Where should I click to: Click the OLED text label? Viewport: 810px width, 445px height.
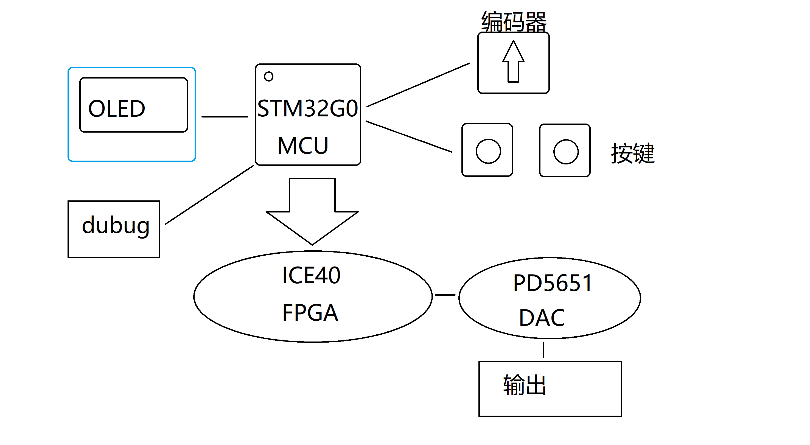(x=117, y=109)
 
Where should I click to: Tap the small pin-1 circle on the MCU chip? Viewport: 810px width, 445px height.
(x=268, y=76)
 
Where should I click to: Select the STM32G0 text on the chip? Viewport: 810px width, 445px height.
(x=307, y=108)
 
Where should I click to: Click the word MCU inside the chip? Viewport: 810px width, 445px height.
(x=303, y=145)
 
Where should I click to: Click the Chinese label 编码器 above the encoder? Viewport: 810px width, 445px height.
(x=514, y=22)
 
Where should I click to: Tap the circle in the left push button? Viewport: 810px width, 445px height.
(x=488, y=151)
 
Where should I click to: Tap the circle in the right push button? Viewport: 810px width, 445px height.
(x=566, y=152)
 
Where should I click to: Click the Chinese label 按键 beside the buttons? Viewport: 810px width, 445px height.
(x=632, y=153)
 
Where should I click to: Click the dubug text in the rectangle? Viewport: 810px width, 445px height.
(x=115, y=225)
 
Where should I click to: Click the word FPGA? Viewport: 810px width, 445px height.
(x=310, y=313)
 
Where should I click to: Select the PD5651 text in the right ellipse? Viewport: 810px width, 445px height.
(x=552, y=283)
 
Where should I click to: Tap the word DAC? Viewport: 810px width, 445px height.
(x=542, y=318)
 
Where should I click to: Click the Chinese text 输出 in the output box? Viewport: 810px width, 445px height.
(x=524, y=385)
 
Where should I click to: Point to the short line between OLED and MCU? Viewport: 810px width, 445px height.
(x=225, y=117)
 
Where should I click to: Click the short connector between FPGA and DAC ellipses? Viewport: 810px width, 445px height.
(x=445, y=295)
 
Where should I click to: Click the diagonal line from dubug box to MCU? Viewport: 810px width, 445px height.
(x=209, y=195)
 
